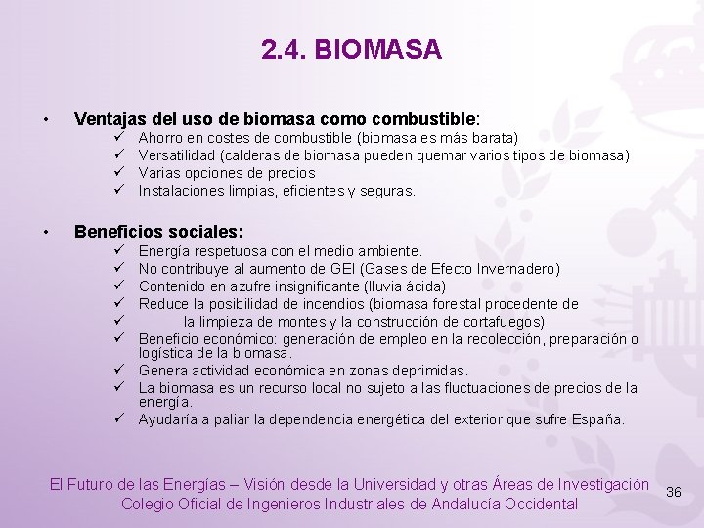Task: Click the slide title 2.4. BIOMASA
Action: coord(351,49)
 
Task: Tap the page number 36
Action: coord(673,492)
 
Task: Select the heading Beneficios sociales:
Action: coord(158,233)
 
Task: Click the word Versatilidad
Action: coord(177,156)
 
